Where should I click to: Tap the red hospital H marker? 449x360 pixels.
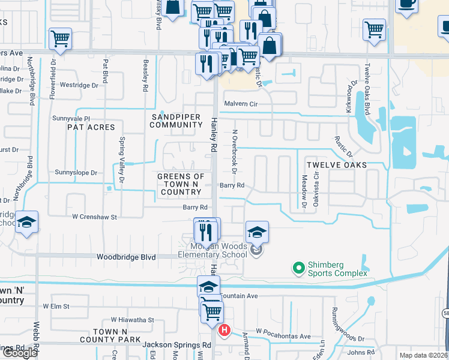tap(224, 329)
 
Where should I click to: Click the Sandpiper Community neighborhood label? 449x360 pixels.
tap(176, 121)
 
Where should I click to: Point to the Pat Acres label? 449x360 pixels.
tap(91, 127)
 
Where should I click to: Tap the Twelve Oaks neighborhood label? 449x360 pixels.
tap(336, 164)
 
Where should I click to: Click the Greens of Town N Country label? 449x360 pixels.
tap(180, 184)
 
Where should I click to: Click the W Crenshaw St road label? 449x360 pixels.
tap(94, 216)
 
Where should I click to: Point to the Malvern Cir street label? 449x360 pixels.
tap(240, 104)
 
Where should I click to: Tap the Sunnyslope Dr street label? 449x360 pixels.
tap(76, 173)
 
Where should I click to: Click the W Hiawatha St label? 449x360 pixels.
tap(132, 320)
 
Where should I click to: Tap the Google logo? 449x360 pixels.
tap(20, 353)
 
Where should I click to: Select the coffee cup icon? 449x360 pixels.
tap(407, 3)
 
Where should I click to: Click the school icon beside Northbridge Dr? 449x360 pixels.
tap(26, 223)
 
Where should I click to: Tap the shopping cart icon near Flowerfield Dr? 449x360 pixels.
tap(60, 38)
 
